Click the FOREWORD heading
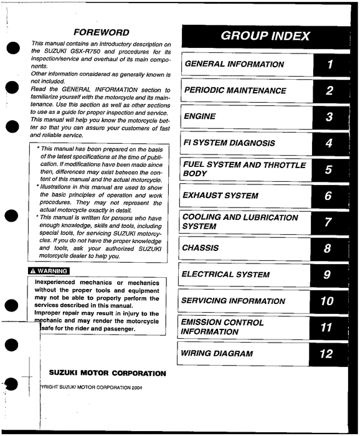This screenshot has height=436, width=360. pyautogui.click(x=101, y=32)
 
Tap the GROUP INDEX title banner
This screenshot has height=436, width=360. pyautogui.click(x=265, y=36)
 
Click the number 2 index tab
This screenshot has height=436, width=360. pyautogui.click(x=329, y=91)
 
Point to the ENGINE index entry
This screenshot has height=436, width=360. pyautogui.click(x=200, y=116)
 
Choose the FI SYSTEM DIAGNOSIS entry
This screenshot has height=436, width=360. pyautogui.click(x=229, y=143)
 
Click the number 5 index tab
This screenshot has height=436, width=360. pyautogui.click(x=328, y=169)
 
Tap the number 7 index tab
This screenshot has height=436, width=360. pyautogui.click(x=328, y=222)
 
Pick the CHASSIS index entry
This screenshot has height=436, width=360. pyautogui.click(x=201, y=248)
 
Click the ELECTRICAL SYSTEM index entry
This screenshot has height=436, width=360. pyautogui.click(x=225, y=274)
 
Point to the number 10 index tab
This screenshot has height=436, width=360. pyautogui.click(x=327, y=301)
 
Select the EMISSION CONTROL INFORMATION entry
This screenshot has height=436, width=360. pyautogui.click(x=222, y=327)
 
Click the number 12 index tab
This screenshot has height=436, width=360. pyautogui.click(x=327, y=354)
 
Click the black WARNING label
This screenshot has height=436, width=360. pyautogui.click(x=49, y=271)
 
